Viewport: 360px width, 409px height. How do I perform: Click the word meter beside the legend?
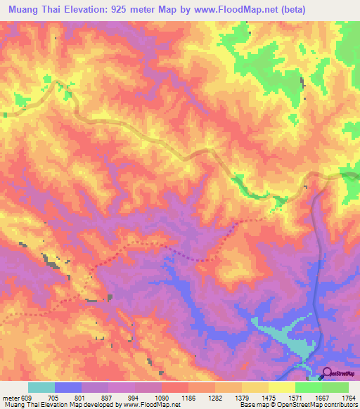pos(10,397)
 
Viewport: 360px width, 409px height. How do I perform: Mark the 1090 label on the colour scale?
pos(162,397)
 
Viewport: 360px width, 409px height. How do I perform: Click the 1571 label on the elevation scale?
pos(297,397)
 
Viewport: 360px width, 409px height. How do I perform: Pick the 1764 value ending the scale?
pos(349,397)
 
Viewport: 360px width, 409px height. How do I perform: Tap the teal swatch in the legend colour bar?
pos(41,387)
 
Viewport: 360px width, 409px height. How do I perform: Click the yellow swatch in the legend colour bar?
pos(281,387)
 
